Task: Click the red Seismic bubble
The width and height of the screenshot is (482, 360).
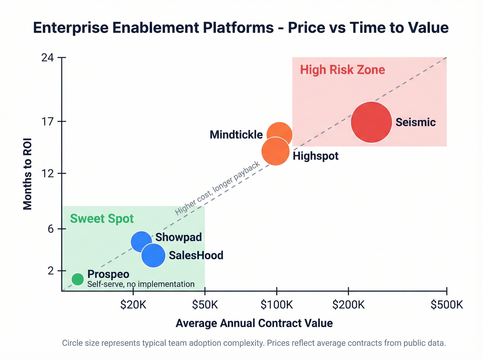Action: coord(371,122)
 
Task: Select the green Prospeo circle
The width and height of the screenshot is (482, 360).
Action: coord(78,279)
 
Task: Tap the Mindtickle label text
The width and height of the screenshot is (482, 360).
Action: coord(236,135)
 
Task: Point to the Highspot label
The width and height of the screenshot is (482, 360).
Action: coord(315,156)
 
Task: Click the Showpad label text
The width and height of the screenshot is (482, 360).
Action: coord(178,237)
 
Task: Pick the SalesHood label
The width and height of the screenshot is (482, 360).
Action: coord(196,255)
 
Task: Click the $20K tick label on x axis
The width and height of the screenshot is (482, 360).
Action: coord(133,305)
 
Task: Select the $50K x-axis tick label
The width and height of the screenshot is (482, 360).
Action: coord(205,305)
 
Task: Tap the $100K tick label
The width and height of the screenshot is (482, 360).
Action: coord(276,305)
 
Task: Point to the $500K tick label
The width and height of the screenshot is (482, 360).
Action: coord(447,305)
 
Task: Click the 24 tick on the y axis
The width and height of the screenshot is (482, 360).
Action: coord(48,58)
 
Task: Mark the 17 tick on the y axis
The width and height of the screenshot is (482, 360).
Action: coord(48,122)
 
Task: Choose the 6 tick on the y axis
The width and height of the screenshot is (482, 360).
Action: coord(51,229)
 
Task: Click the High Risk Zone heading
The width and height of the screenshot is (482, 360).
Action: coord(342,70)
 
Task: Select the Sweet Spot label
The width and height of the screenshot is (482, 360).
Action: coord(102,219)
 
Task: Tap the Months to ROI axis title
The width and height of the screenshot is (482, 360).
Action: coord(28,174)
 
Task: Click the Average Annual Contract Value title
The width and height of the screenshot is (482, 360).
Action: coord(254,323)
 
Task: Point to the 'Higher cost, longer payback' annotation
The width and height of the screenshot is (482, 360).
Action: coord(217,188)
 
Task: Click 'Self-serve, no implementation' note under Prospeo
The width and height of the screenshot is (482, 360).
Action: coord(141,284)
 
